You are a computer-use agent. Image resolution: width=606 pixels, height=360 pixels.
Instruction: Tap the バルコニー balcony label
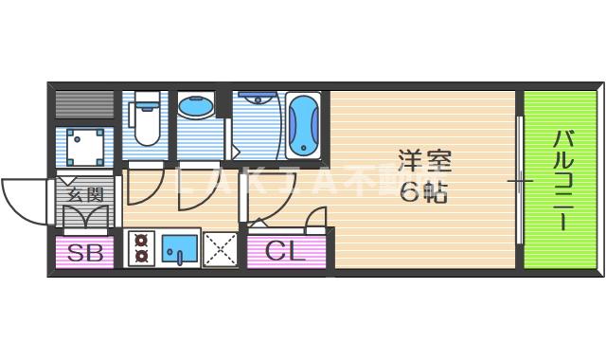pos(561,179)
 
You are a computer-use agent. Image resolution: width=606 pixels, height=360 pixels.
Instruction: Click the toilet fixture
pos(146,123)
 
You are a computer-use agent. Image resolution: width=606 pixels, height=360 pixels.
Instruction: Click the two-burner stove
pos(142,248)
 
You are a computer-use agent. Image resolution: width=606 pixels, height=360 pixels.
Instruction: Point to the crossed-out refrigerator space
pos(220,250)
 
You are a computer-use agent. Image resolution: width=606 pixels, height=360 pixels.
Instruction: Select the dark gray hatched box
pos(84,103)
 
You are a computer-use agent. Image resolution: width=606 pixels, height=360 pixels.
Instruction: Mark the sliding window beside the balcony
pos(519,179)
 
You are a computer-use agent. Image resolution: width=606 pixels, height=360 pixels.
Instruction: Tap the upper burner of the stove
pos(142,241)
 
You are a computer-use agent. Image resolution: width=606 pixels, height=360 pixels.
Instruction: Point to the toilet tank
pos(146,101)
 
